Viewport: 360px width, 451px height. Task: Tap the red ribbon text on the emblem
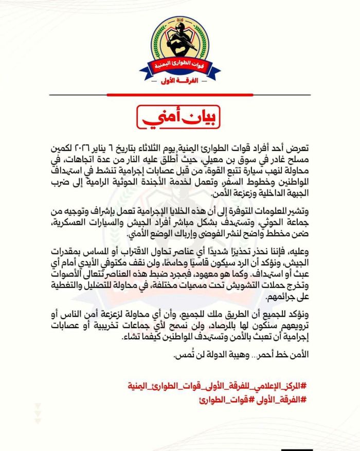click(180, 66)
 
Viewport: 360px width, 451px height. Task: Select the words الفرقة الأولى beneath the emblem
click(180, 81)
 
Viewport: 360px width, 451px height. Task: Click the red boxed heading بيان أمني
click(180, 116)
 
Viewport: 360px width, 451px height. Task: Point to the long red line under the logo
click(180, 95)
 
